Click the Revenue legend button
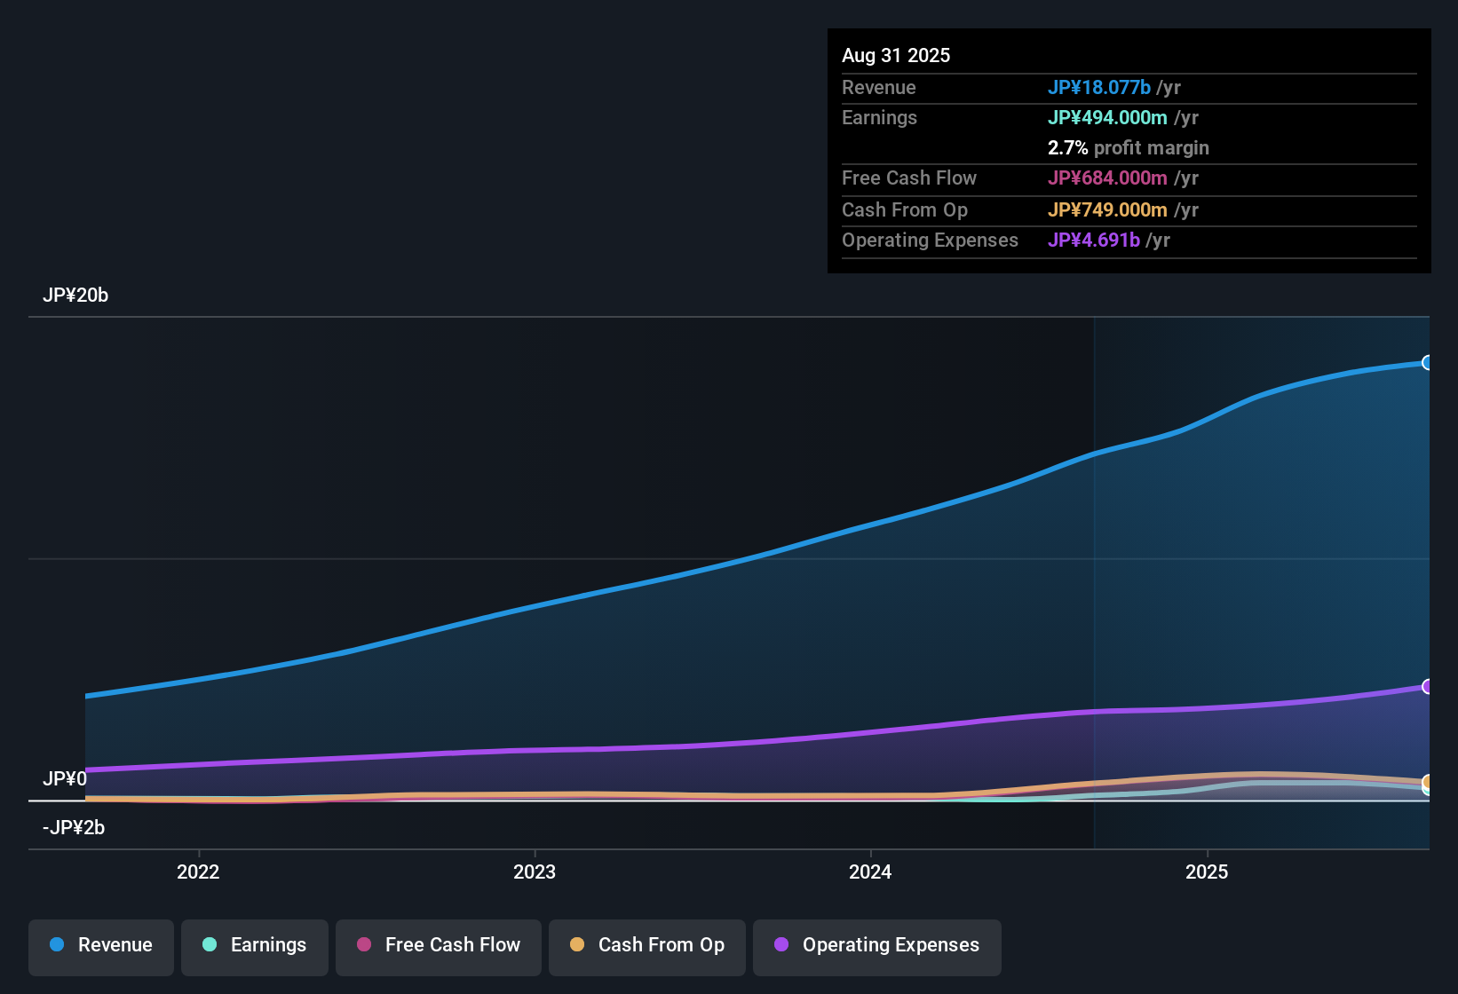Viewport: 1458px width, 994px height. point(101,945)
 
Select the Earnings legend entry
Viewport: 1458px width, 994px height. point(255,945)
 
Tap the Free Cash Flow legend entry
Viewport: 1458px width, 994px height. point(439,945)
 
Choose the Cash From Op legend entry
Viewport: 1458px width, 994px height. point(647,945)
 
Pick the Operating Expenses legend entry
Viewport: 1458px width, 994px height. point(877,945)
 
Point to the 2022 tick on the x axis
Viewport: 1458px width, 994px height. point(198,872)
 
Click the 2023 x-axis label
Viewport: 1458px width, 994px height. point(535,872)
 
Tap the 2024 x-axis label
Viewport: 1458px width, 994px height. point(870,872)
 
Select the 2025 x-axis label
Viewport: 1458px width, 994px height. point(1207,872)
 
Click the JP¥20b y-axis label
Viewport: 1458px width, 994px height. point(75,296)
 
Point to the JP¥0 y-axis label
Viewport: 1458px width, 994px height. point(65,778)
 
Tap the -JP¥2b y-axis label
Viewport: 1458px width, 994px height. point(74,827)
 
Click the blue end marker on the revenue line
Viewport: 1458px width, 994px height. point(1428,362)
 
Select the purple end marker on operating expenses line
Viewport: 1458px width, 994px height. point(1428,686)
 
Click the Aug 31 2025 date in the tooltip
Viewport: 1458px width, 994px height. point(896,55)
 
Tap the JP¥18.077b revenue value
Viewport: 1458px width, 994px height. point(1099,87)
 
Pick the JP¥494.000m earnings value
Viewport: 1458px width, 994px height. point(1107,117)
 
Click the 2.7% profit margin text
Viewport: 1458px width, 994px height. point(1128,147)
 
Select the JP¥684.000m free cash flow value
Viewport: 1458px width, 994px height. point(1107,177)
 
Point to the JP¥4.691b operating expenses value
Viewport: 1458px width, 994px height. point(1093,240)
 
